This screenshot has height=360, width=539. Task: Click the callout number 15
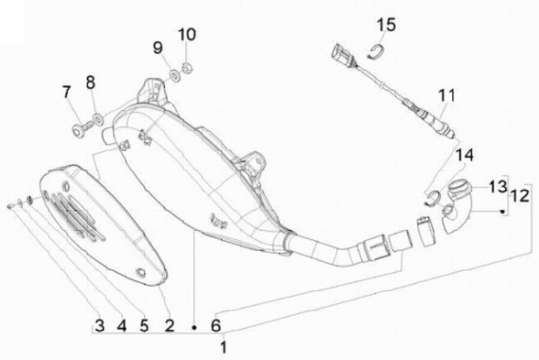[x=386, y=26]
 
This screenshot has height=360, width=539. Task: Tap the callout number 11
[x=447, y=95]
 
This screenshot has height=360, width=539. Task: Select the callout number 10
[x=186, y=34]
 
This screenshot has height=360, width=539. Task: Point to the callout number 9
[x=158, y=48]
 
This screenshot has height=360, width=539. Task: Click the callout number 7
[x=66, y=93]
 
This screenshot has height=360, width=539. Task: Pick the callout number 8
[x=91, y=82]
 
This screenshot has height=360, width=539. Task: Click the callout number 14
[x=465, y=155]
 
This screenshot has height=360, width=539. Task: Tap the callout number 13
[x=498, y=186]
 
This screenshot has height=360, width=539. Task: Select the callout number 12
[x=519, y=197]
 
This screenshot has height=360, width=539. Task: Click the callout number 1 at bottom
[x=222, y=347]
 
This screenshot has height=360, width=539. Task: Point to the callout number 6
[x=216, y=326]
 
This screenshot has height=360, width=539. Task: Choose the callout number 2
[x=169, y=326]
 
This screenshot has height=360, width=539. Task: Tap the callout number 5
[x=144, y=326]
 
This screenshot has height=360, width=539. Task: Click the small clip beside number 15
[x=380, y=51]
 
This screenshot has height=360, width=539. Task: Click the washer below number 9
[x=174, y=74]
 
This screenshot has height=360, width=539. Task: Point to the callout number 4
[x=121, y=326]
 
